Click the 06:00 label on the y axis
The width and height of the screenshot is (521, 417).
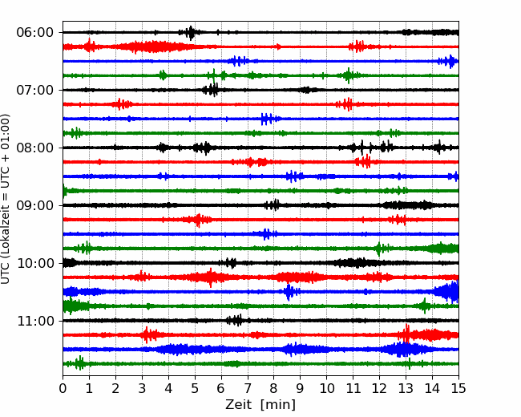[35, 33]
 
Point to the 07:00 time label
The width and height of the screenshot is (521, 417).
[35, 90]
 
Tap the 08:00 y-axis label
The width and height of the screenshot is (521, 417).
[35, 148]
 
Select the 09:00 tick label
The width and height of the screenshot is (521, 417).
[35, 205]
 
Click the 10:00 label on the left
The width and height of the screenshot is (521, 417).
[35, 263]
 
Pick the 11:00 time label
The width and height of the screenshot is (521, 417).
[35, 321]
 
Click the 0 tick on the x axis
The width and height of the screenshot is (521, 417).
[63, 388]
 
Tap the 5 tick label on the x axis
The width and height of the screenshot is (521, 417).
[195, 388]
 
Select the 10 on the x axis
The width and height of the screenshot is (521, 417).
[326, 388]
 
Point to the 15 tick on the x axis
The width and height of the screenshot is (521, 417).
[458, 388]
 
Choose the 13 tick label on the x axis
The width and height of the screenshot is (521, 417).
[406, 388]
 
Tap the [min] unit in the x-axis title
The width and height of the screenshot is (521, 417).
[278, 405]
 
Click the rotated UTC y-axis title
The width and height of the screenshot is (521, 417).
[6, 199]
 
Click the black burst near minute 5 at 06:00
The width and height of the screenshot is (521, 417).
[191, 33]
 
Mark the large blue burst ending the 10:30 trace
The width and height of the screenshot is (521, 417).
[448, 292]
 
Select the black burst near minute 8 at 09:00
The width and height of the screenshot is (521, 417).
[273, 205]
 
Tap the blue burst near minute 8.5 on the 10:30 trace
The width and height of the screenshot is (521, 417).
[289, 292]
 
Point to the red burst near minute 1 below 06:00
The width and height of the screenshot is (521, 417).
[89, 46]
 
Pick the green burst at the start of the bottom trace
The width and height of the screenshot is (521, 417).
[79, 363]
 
